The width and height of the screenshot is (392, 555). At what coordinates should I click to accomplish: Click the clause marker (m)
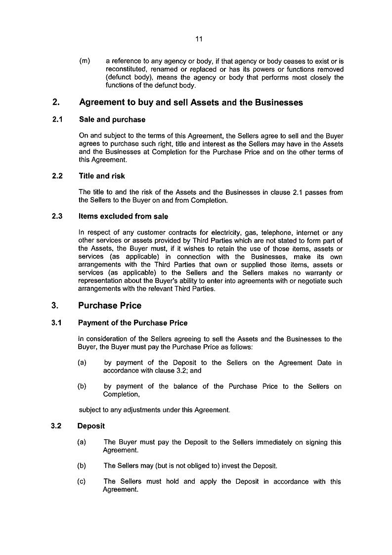85,61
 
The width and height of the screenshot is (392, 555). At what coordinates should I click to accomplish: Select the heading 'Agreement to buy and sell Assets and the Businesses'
191,103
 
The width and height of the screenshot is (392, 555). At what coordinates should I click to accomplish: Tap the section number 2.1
57,120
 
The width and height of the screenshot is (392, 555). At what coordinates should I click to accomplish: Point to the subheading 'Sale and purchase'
112,120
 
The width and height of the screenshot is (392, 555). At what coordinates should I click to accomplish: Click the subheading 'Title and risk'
102,176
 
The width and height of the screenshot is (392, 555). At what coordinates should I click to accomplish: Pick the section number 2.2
57,176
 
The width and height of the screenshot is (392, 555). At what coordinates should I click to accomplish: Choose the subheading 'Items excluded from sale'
123,216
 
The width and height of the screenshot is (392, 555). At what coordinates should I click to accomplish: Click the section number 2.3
57,216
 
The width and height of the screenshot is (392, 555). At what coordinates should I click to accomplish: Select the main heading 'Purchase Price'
110,306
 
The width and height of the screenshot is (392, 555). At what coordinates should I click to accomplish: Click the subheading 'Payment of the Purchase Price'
133,323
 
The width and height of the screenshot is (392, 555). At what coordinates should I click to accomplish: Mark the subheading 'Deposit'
91,426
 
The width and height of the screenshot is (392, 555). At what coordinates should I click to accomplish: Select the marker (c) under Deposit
82,481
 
